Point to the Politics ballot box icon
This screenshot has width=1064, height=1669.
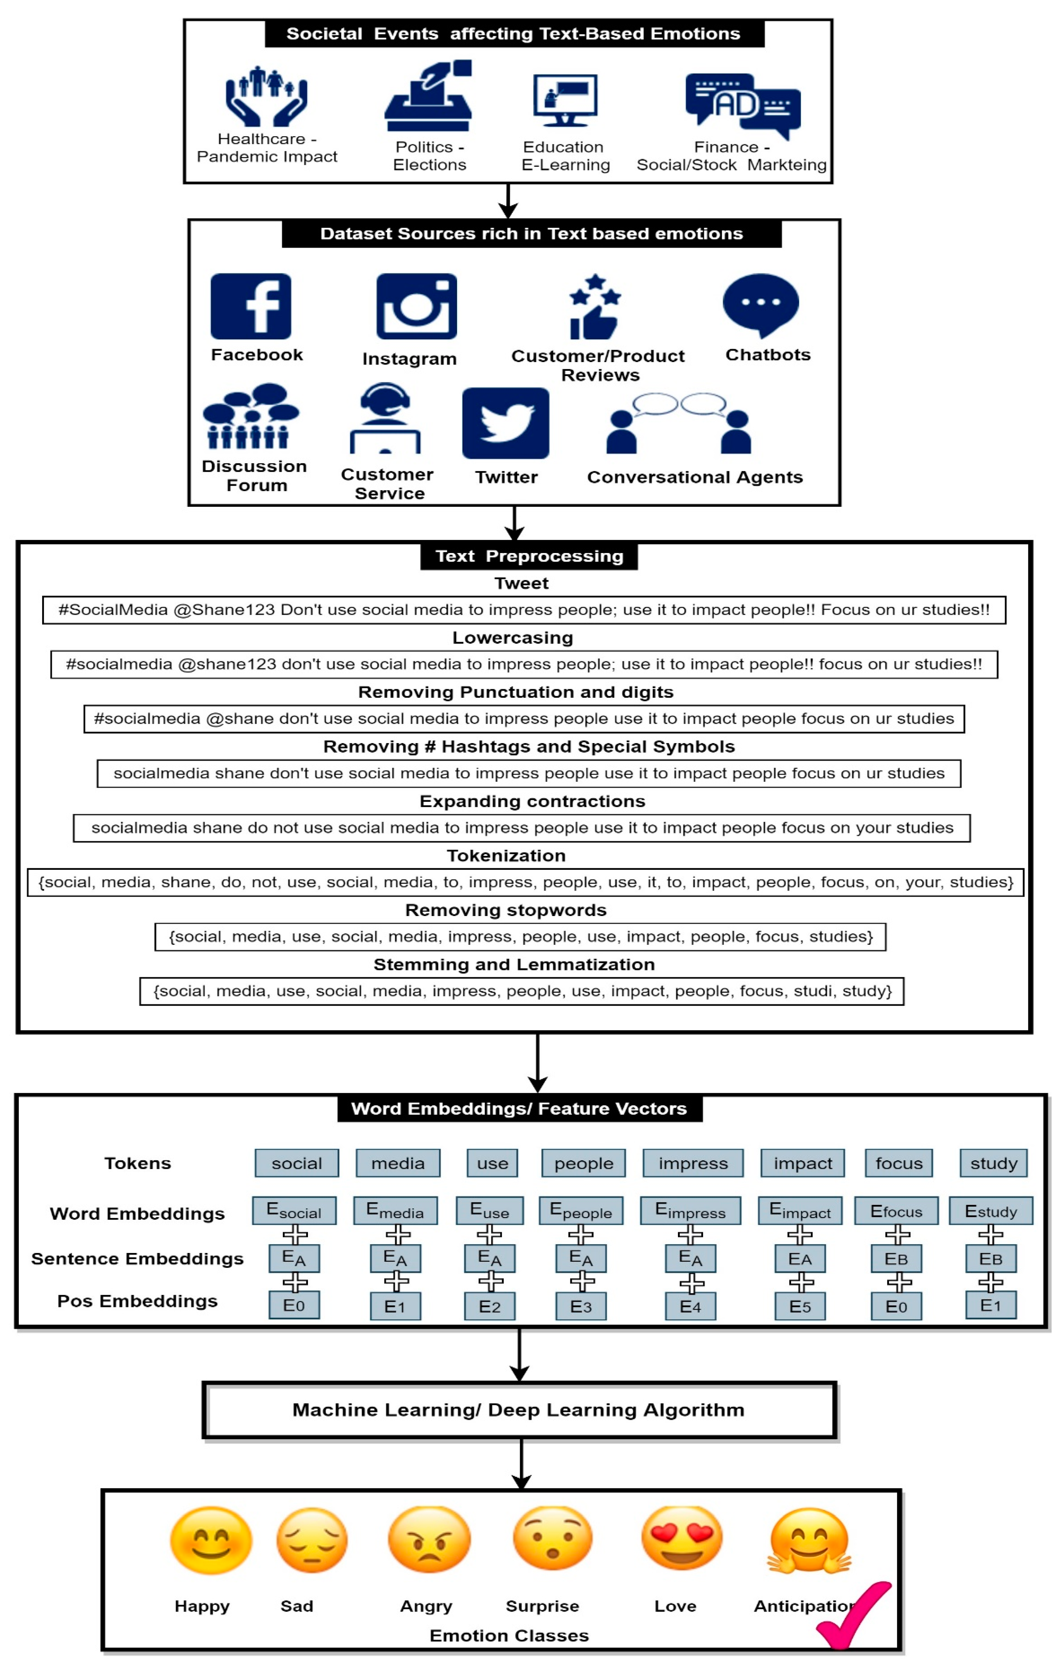[428, 97]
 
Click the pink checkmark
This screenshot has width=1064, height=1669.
[854, 1615]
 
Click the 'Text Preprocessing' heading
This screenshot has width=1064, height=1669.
[529, 556]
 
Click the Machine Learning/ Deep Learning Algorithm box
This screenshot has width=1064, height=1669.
[519, 1410]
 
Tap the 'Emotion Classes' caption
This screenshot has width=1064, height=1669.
[509, 1636]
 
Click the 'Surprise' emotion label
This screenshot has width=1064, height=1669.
[542, 1606]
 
